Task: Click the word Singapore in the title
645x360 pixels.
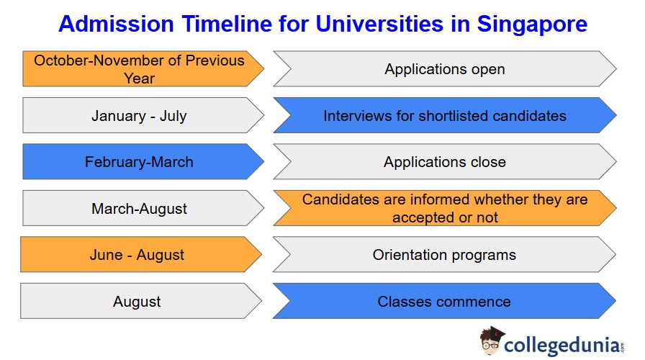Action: [x=532, y=24]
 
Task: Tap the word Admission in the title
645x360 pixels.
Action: [x=117, y=24]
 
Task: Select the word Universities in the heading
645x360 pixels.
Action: [x=379, y=24]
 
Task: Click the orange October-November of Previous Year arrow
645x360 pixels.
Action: [x=143, y=68]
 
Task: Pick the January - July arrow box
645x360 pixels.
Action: [x=143, y=115]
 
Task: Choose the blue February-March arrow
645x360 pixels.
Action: [x=143, y=162]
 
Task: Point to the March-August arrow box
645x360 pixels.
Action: [x=143, y=208]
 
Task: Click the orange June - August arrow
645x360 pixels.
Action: [x=140, y=255]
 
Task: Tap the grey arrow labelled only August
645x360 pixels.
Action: [x=140, y=301]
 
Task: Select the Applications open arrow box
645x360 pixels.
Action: [x=445, y=68]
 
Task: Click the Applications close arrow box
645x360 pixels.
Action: [x=445, y=162]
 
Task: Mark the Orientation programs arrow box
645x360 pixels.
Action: [x=444, y=255]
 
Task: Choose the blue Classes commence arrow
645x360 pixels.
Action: [x=444, y=301]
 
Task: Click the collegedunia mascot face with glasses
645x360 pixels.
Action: [x=491, y=341]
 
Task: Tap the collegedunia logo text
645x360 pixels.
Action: [x=561, y=345]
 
